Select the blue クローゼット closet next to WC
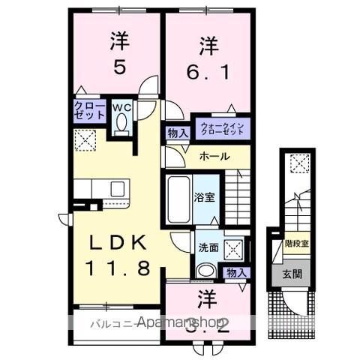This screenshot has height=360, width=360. coord(89,112)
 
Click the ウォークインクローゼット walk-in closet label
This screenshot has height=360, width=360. coord(222,127)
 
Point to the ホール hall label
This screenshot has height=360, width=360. coord(214,157)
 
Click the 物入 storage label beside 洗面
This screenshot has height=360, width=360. coord(235,272)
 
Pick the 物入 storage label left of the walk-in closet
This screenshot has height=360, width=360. coord(178,133)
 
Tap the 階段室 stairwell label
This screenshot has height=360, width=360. coord(295,243)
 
